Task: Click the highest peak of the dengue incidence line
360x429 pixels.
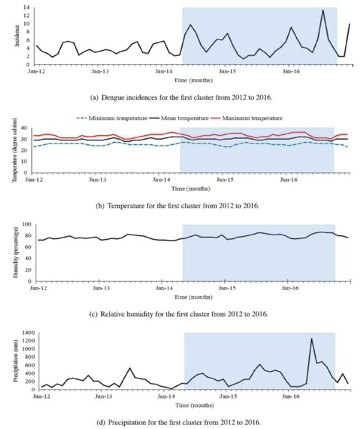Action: tap(323, 10)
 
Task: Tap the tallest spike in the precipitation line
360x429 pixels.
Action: tap(311, 339)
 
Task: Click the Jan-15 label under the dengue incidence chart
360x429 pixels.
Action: tap(227, 71)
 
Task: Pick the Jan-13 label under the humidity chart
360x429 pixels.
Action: tap(101, 288)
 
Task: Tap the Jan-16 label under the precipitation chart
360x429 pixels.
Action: tap(292, 397)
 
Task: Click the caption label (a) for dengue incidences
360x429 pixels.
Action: tap(94, 97)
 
